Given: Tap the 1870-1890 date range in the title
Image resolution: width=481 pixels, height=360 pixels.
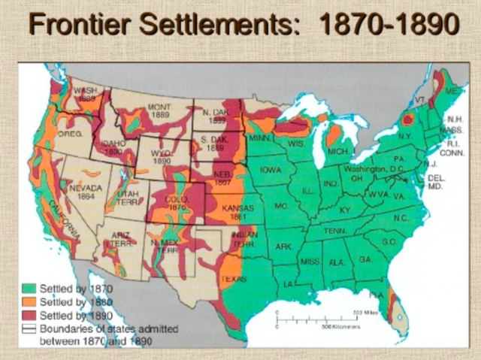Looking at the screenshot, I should (389, 26).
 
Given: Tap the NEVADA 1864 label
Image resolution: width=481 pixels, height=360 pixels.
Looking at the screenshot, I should (85, 192).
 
